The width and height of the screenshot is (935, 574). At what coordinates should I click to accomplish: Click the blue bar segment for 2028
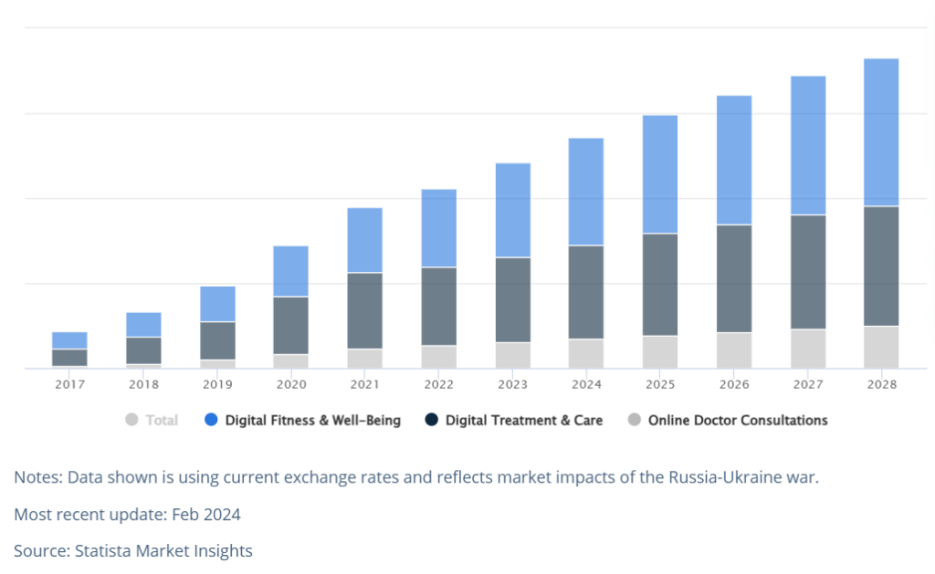click(881, 132)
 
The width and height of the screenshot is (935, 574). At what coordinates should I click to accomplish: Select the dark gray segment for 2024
click(585, 292)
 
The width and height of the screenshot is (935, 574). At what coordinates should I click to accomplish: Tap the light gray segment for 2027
click(808, 349)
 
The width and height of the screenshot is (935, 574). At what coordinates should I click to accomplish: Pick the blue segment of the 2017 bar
click(69, 340)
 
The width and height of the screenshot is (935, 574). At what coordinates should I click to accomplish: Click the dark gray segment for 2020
click(291, 326)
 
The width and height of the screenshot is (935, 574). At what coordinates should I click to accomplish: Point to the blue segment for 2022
click(439, 228)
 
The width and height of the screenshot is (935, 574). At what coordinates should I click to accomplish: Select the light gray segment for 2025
click(660, 352)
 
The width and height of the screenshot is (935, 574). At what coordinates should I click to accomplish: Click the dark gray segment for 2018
click(143, 350)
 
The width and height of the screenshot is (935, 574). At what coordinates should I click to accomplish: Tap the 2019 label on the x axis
click(217, 384)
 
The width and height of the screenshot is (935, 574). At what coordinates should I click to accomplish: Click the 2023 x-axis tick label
click(513, 384)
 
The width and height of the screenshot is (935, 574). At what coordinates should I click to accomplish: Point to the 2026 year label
click(734, 384)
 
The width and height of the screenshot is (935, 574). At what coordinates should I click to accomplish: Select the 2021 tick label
click(365, 384)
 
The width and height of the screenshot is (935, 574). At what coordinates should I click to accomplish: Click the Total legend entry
click(152, 420)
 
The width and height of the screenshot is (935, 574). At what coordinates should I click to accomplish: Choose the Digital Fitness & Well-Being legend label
click(312, 420)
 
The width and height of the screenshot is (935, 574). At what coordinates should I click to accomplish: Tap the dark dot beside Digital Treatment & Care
click(431, 420)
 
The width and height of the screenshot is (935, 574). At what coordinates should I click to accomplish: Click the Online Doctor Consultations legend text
click(738, 420)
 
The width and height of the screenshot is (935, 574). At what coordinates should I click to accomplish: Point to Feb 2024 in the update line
click(206, 515)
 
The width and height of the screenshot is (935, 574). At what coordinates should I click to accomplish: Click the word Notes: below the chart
click(38, 477)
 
